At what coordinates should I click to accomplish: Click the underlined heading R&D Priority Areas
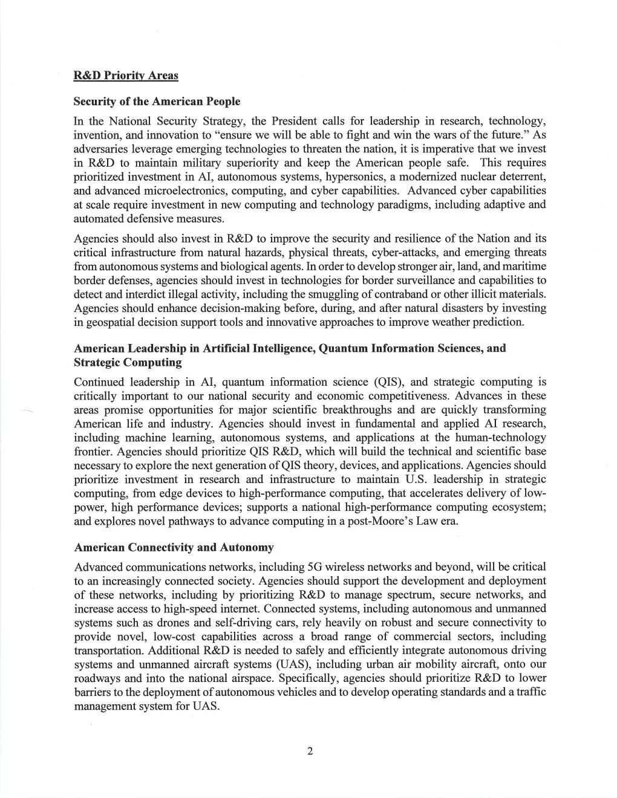click(126, 76)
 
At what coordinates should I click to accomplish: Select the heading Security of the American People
click(157, 102)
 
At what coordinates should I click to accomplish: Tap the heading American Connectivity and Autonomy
click(174, 548)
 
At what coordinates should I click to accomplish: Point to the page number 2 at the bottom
click(310, 752)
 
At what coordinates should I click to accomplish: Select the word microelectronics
click(188, 191)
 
